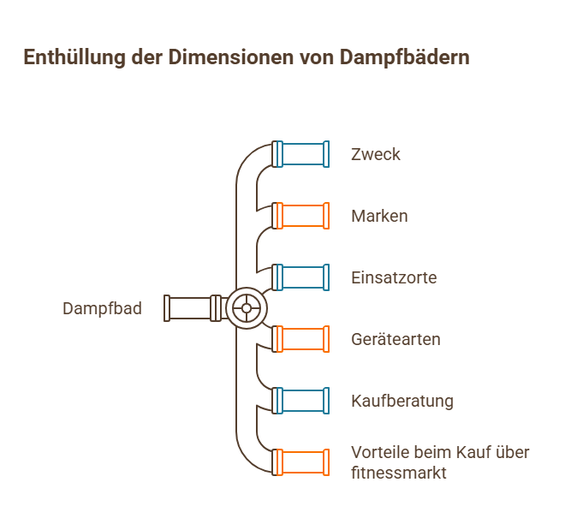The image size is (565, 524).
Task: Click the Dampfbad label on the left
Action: tap(102, 308)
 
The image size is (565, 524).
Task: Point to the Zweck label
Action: tap(375, 155)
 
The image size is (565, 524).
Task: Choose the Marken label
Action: tap(379, 216)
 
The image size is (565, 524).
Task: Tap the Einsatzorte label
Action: tap(394, 277)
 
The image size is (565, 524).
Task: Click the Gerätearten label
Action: tap(395, 339)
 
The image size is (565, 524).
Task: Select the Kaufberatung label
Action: tap(401, 401)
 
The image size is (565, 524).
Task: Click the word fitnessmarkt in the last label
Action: tap(400, 472)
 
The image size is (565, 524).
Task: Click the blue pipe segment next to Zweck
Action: tap(302, 154)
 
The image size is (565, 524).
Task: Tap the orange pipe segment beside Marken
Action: tap(302, 216)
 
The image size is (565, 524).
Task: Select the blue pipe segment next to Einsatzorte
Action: tap(302, 277)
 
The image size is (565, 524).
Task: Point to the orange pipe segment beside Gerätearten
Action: tap(302, 339)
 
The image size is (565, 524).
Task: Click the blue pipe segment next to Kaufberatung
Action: tap(302, 401)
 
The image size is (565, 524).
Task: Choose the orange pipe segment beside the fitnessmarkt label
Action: tap(302, 462)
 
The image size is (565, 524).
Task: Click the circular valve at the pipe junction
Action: tap(247, 308)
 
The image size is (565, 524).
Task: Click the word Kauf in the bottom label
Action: tap(473, 453)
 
